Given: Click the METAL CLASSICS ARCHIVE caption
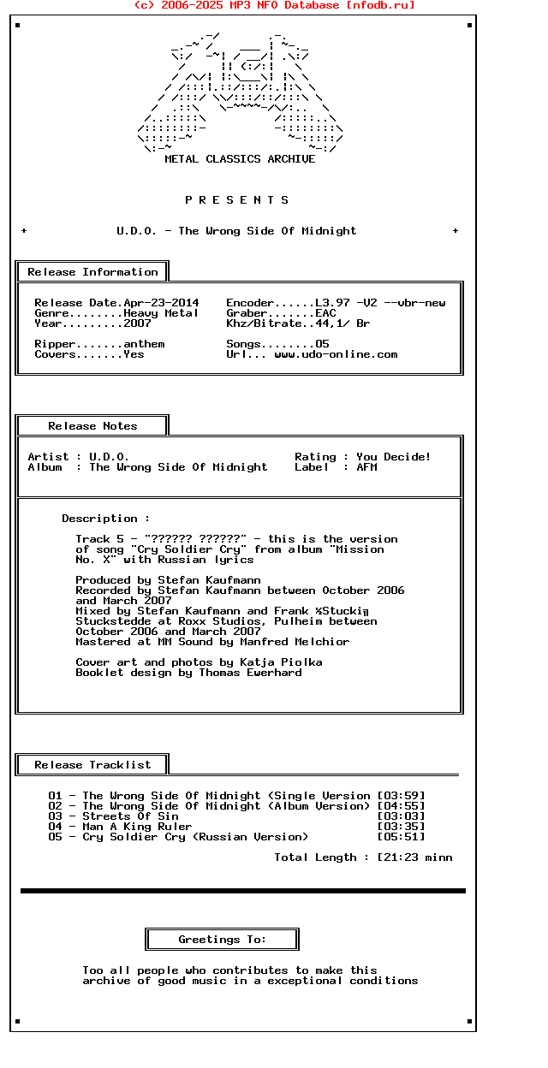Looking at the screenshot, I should pos(240,159).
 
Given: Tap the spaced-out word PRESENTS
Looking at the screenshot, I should pos(237,200).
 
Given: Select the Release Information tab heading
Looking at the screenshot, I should pos(92,272).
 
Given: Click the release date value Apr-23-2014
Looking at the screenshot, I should pos(161,303).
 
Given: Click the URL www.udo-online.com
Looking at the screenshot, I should pos(336,354).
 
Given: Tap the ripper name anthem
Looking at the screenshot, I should pos(144,344).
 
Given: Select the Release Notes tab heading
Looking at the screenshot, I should pos(92,426).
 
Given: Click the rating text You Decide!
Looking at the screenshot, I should pos(394,457).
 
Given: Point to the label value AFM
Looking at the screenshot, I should pos(366,467).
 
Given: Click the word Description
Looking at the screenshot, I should pos(99,519).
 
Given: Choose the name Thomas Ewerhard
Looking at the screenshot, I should pos(250,673).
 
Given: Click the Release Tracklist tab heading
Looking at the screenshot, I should pos(92,765).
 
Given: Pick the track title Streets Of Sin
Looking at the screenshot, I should pos(130,816).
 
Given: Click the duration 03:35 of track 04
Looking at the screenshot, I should pos(401,827).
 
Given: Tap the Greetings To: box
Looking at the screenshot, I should pos(223,940).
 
